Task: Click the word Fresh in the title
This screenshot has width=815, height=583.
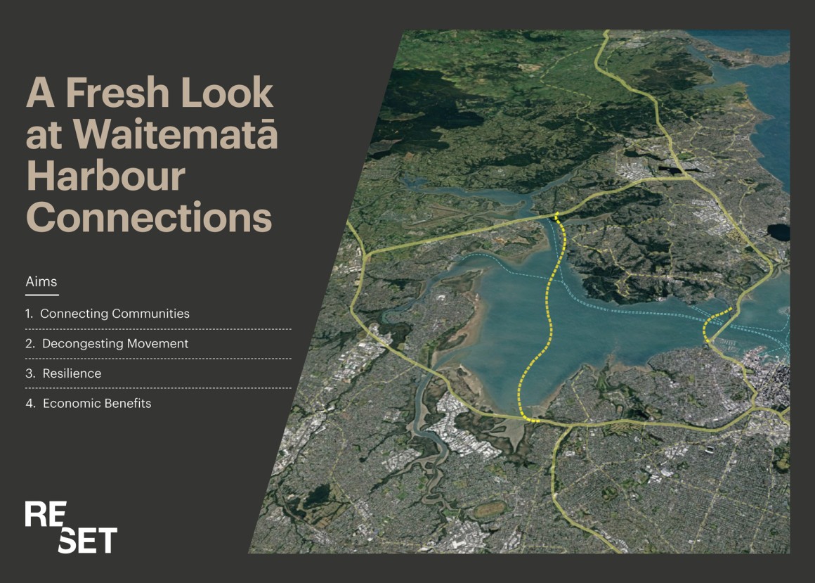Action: click(x=118, y=93)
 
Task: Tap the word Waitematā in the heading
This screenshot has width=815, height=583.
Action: click(x=176, y=134)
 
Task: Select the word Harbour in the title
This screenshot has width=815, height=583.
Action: click(x=105, y=176)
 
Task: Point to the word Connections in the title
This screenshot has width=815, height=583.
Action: click(x=149, y=217)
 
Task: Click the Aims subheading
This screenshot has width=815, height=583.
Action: click(x=41, y=281)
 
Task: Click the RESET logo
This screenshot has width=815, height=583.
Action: click(x=71, y=527)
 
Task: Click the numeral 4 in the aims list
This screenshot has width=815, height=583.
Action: click(x=30, y=403)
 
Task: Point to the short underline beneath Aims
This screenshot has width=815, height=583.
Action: click(x=42, y=295)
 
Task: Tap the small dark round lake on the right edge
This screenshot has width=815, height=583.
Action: click(x=778, y=232)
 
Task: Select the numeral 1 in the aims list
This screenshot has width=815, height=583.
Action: click(x=29, y=314)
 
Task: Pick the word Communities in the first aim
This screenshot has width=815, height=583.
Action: click(x=151, y=314)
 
